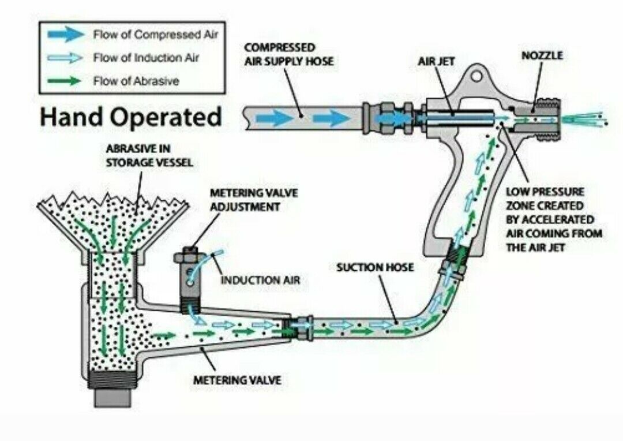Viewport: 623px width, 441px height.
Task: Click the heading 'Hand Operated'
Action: (130, 117)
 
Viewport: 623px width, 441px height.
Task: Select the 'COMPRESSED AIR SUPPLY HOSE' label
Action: (289, 54)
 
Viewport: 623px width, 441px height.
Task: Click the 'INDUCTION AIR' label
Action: (261, 281)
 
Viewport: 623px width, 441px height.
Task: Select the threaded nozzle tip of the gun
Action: (545, 120)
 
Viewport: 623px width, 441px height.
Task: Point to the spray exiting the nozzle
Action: (583, 120)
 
